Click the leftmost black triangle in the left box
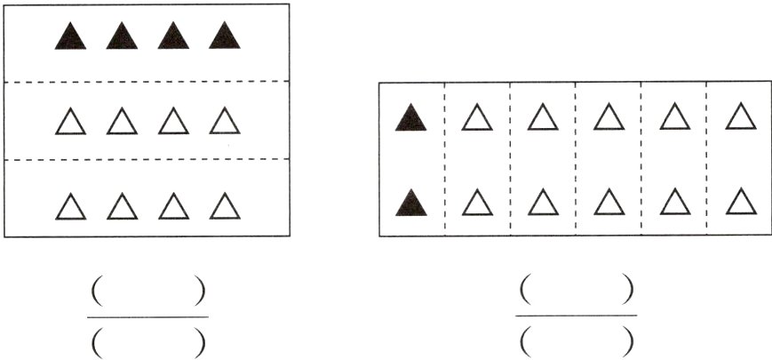71,36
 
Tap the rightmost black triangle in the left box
225,36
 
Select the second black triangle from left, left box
122,36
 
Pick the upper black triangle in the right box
411,117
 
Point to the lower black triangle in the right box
411,203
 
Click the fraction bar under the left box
147,316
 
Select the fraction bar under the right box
576,315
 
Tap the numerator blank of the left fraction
147,291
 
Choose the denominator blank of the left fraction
147,341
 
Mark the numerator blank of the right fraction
576,290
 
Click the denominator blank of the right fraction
576,340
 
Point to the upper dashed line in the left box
147,82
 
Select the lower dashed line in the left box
147,159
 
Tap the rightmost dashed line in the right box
707,160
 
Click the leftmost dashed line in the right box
444,160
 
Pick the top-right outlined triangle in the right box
740,116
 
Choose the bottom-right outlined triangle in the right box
740,202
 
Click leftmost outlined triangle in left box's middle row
71,121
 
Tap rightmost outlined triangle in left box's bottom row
225,206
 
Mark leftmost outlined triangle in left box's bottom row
71,206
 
